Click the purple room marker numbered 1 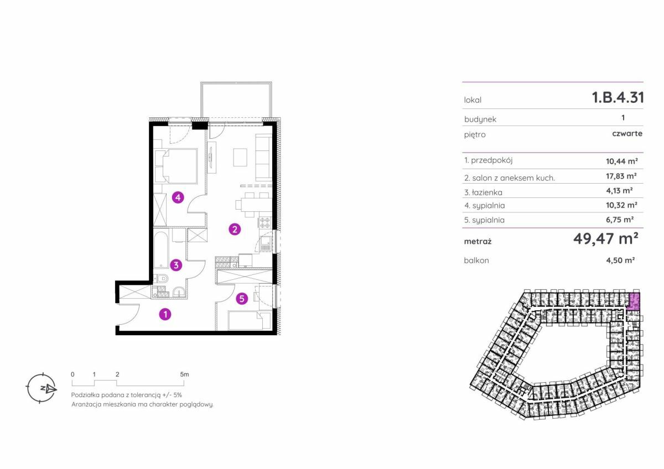[x=165, y=314]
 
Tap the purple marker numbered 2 [x=235, y=229]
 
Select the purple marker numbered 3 [x=176, y=265]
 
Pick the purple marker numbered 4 [x=178, y=197]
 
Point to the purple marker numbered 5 [x=242, y=299]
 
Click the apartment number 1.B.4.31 [x=618, y=97]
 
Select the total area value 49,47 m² [x=605, y=238]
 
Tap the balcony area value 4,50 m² [x=620, y=260]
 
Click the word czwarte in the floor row [x=627, y=134]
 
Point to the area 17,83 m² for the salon [x=621, y=176]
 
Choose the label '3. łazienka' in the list [x=483, y=192]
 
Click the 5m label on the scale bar [x=184, y=374]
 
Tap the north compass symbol [x=41, y=388]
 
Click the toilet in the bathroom [x=161, y=279]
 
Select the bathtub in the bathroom [x=160, y=250]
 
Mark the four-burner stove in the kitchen [x=265, y=222]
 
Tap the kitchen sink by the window [x=266, y=243]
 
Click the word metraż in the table [x=478, y=242]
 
